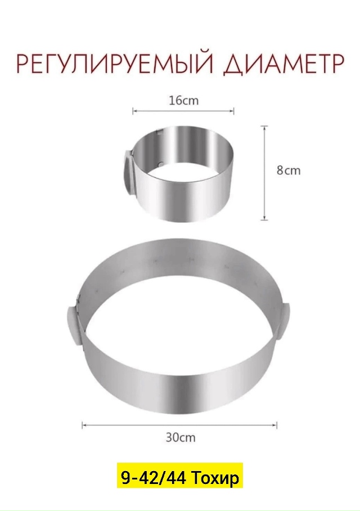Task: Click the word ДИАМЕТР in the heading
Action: point(283,65)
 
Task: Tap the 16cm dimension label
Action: point(183,100)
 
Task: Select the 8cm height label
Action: point(289,171)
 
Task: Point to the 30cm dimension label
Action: point(181,437)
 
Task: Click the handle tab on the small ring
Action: point(128,173)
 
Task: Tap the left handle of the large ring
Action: point(74,326)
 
